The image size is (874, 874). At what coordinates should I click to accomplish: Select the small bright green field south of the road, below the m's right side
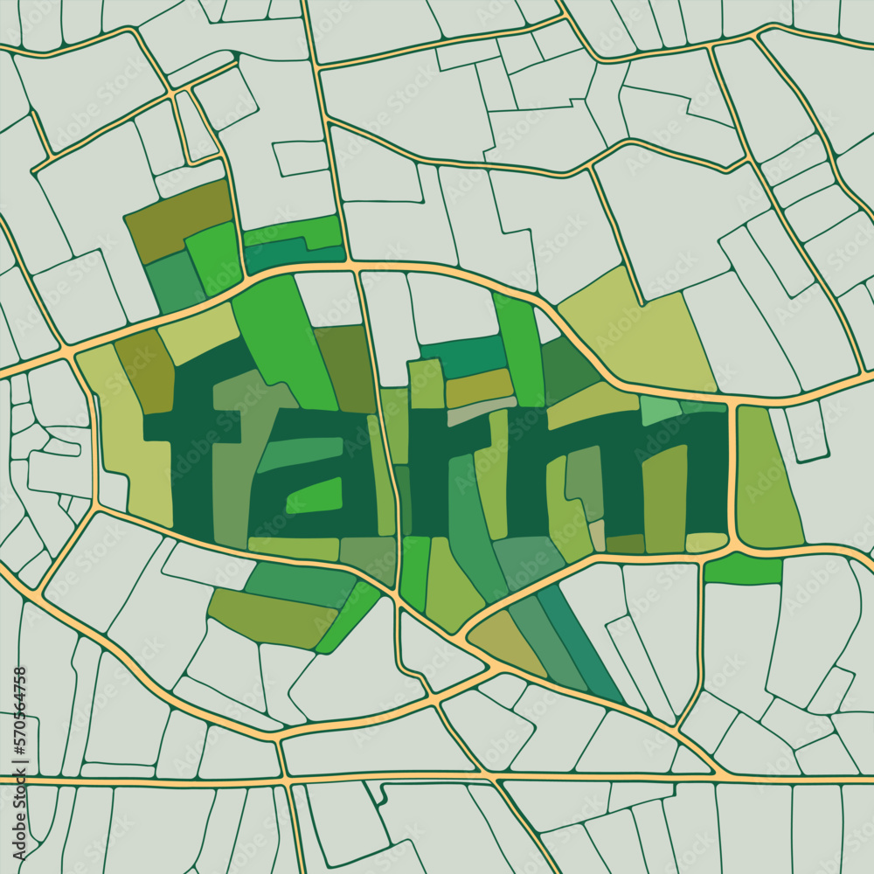click(x=743, y=569)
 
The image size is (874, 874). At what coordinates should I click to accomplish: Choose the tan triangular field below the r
click(x=507, y=642)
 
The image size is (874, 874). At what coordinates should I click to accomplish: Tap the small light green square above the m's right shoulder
click(x=661, y=410)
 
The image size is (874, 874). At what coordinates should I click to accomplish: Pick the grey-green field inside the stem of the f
click(x=232, y=489)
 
